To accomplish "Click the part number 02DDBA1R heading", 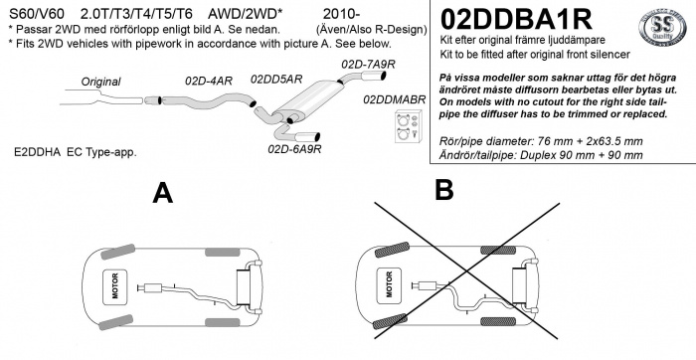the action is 516,19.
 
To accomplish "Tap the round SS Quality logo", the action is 662,27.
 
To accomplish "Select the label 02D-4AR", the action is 209,81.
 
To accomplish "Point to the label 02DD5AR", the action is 276,80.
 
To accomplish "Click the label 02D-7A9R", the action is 368,65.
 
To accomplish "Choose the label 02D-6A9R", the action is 294,149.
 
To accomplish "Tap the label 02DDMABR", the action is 394,99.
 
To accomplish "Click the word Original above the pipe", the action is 100,83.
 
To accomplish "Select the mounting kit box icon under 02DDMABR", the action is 409,127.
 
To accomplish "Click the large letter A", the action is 162,193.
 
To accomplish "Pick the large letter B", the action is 444,190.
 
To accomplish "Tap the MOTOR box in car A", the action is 115,286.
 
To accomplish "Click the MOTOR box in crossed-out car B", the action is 389,285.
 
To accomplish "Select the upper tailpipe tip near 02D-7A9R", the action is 373,77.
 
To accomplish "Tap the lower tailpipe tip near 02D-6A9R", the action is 306,136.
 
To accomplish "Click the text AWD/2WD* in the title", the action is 245,14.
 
